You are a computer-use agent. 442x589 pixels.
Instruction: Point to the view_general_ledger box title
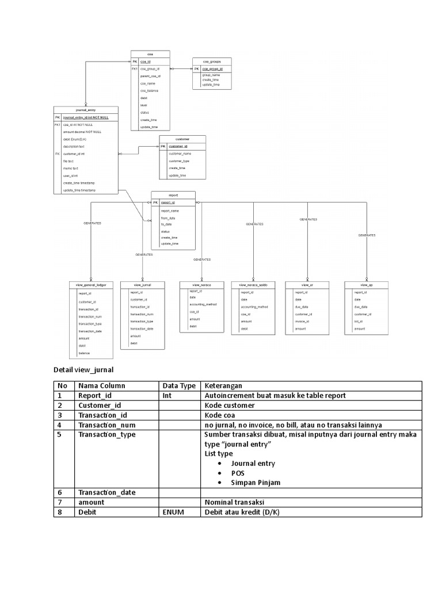point(87,285)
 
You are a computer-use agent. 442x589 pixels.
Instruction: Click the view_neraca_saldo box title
point(253,285)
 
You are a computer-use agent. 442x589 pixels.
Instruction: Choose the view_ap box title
point(367,285)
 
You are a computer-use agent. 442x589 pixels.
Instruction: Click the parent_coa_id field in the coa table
point(150,76)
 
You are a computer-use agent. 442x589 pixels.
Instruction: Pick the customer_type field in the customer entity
point(179,161)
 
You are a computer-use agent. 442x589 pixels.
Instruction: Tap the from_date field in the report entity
point(168,218)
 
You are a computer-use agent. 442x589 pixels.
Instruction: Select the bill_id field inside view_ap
point(359,322)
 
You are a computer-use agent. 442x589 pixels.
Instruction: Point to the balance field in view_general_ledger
point(84,353)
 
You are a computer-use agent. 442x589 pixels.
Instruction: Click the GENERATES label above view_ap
point(367,235)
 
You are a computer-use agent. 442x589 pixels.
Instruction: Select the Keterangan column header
point(223,385)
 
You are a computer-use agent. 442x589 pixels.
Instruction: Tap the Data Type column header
point(179,385)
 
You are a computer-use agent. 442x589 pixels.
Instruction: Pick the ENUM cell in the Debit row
point(173,511)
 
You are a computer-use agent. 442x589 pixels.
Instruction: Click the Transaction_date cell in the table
point(107,492)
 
